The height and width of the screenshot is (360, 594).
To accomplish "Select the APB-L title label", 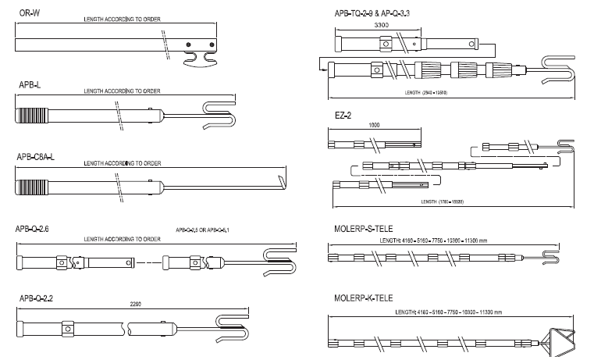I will pyautogui.click(x=29, y=82).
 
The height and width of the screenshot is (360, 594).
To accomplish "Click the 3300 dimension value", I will pyautogui.click(x=382, y=25).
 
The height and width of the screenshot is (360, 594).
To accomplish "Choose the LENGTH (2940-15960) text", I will pyautogui.click(x=425, y=93).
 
